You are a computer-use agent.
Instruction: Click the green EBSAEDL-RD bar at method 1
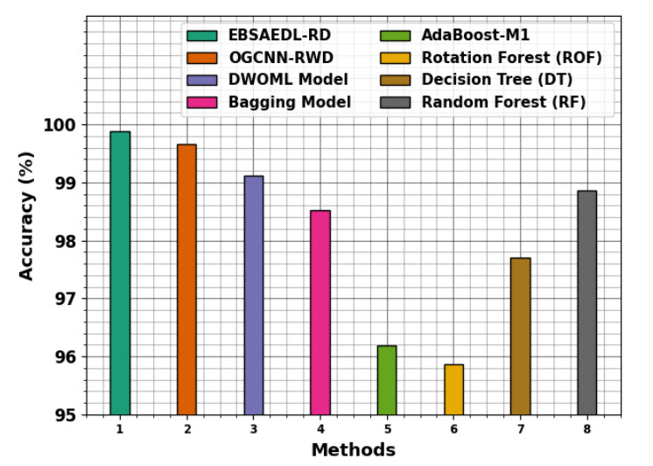click(x=120, y=273)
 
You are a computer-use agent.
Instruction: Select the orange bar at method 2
click(x=186, y=279)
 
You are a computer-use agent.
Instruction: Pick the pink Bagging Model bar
click(x=320, y=313)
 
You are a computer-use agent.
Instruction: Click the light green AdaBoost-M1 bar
click(x=387, y=380)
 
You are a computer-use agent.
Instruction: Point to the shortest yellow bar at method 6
click(x=453, y=390)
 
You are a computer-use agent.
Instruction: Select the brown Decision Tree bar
click(x=520, y=336)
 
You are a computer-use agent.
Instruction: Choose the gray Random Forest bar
click(x=586, y=303)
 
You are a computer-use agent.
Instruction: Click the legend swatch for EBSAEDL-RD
click(x=202, y=36)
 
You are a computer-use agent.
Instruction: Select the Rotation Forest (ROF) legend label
click(x=511, y=58)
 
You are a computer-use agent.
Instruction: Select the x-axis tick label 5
click(x=387, y=429)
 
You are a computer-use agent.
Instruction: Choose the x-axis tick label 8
click(x=586, y=429)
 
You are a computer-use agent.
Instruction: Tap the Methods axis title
click(x=353, y=450)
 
